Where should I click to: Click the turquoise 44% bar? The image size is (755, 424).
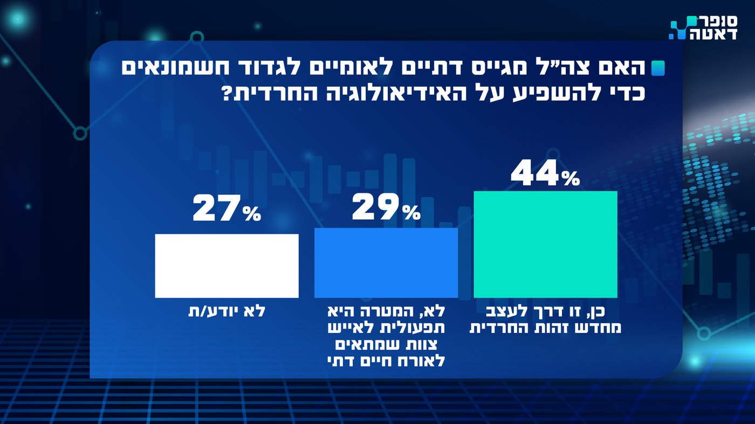[x=545, y=244]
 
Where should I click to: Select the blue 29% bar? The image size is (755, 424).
[x=386, y=262]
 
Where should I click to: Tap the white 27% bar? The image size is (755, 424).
[x=226, y=266]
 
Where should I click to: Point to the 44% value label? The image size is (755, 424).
[x=545, y=172]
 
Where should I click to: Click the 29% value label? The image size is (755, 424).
[x=386, y=208]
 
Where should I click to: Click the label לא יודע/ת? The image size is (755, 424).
[x=227, y=311]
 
